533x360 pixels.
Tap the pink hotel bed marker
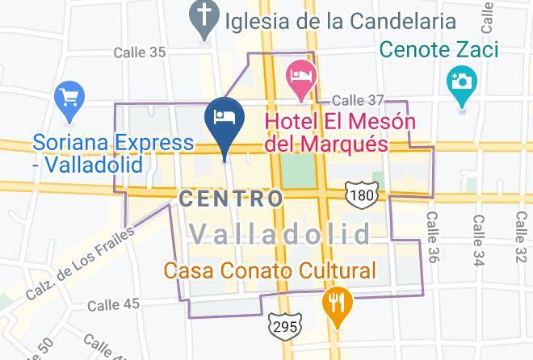click(x=301, y=76)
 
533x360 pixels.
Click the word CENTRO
click(x=231, y=198)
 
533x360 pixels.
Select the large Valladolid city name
click(x=281, y=234)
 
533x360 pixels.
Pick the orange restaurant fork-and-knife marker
click(x=335, y=303)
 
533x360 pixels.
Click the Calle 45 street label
click(x=113, y=304)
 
